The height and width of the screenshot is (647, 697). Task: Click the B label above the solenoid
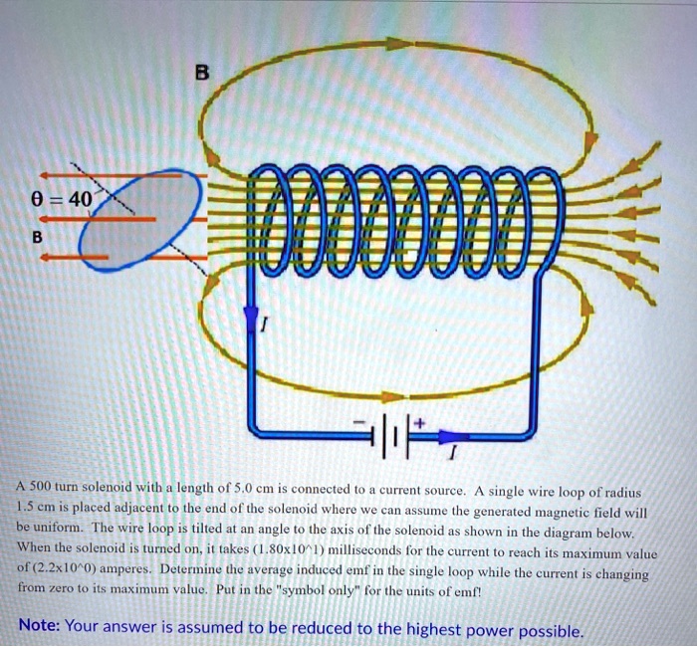point(203,71)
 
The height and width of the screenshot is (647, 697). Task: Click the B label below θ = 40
point(38,239)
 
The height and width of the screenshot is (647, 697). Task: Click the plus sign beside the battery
point(419,423)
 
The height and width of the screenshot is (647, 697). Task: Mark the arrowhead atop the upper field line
point(397,43)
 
